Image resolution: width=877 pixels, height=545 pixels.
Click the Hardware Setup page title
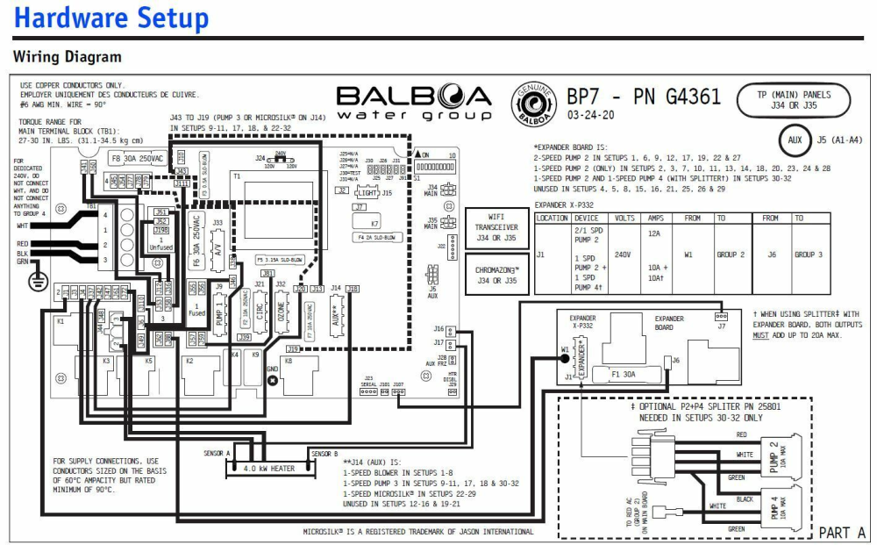(x=111, y=18)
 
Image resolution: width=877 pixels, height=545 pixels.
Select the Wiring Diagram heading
(x=68, y=57)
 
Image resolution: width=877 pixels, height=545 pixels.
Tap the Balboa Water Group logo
(x=415, y=103)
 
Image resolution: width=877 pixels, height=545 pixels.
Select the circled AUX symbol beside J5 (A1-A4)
(x=795, y=140)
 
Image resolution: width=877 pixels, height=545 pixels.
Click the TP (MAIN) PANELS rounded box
(x=795, y=100)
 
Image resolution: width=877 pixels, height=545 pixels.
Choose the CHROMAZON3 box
(x=496, y=276)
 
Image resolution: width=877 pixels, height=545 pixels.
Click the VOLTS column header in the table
(x=624, y=218)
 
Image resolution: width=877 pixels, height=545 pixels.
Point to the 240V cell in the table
(x=624, y=255)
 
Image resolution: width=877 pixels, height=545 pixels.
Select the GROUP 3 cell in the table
(x=808, y=255)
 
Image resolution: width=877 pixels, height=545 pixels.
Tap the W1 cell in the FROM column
(x=688, y=255)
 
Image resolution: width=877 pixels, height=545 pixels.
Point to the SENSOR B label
(x=324, y=454)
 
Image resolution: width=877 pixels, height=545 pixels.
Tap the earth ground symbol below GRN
(x=34, y=282)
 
